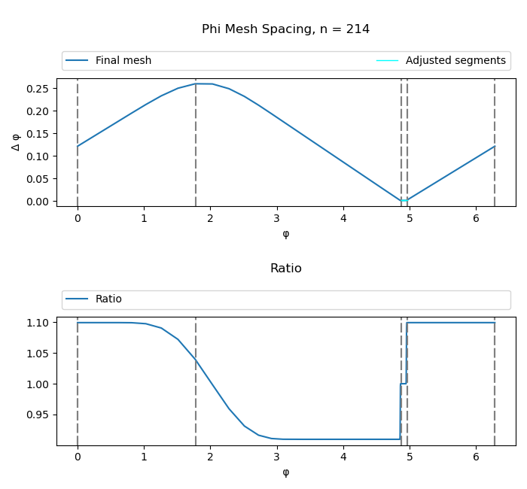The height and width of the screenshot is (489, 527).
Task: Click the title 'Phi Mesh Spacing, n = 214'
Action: tap(285, 29)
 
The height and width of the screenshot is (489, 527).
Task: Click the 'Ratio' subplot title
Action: tap(285, 269)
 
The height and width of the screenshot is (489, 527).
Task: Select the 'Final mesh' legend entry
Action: tap(123, 61)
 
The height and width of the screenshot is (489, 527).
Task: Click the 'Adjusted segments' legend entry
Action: tap(455, 61)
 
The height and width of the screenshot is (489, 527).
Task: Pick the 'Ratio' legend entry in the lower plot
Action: tap(108, 299)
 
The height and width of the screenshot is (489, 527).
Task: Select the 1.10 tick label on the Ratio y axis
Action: tap(39, 323)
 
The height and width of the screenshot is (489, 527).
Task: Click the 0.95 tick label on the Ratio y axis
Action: tap(39, 415)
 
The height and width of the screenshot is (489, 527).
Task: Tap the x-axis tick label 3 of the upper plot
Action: tap(277, 219)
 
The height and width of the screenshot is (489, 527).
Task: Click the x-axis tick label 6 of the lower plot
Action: tap(477, 457)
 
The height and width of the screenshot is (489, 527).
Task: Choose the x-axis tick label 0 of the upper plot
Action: tap(78, 219)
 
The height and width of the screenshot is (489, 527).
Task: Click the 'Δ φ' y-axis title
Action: tap(16, 142)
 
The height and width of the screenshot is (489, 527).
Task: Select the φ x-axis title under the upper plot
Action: tap(285, 234)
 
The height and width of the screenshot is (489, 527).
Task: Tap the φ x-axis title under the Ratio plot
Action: tap(285, 472)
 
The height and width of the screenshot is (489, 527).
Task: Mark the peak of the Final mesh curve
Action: tap(202, 84)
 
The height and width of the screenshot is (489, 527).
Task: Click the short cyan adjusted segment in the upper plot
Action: tap(404, 201)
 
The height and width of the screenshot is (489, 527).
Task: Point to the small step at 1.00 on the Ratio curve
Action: tap(404, 384)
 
